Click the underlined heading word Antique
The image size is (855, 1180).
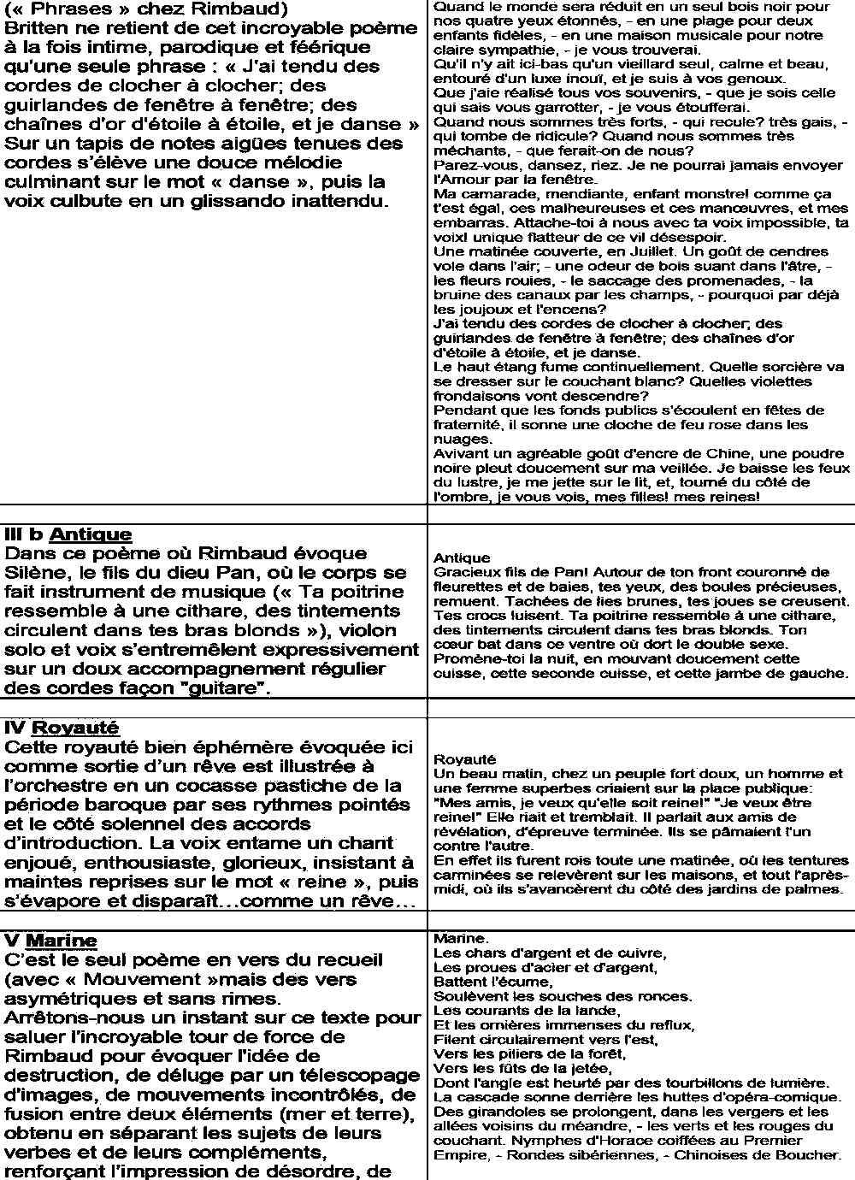(91, 534)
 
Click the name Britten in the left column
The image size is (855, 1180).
(37, 28)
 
